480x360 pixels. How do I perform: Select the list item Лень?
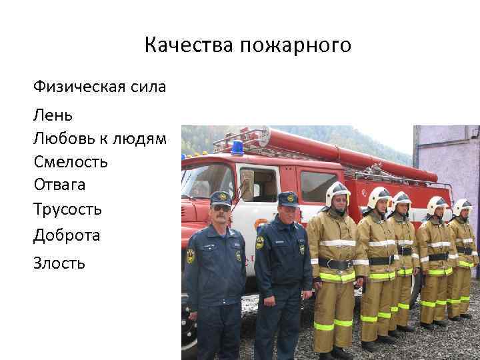(x=53, y=115)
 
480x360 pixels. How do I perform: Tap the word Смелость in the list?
(x=70, y=162)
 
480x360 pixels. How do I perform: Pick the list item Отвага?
(x=59, y=185)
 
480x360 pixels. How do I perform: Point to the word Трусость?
(x=67, y=209)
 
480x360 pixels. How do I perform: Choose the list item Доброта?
(x=67, y=235)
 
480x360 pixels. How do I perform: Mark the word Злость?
(x=59, y=263)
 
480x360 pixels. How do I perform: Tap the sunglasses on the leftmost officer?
(x=221, y=207)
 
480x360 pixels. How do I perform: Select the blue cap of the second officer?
(x=288, y=198)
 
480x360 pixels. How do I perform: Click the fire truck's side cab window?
(x=259, y=184)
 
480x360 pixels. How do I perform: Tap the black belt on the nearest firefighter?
(x=336, y=263)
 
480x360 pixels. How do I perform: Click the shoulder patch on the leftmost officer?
(x=191, y=256)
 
